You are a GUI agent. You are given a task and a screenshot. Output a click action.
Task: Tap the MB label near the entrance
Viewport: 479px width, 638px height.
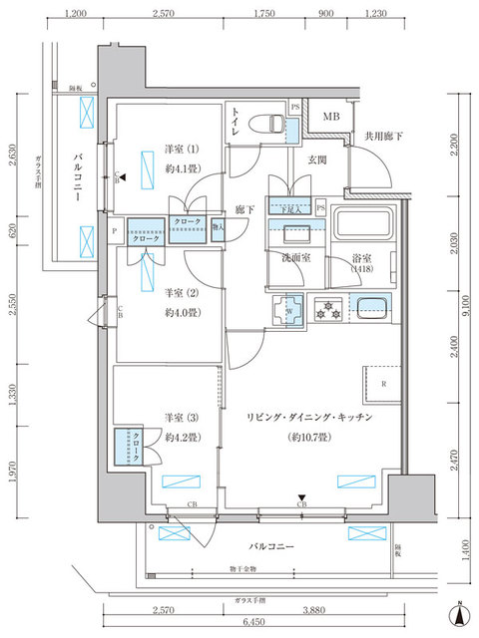(x=329, y=116)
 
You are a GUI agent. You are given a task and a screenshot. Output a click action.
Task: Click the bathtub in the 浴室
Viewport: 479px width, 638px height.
(x=363, y=230)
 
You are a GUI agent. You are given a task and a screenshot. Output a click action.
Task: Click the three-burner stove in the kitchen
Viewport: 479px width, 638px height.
(x=327, y=308)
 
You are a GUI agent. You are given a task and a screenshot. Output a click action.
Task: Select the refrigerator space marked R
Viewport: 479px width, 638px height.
(x=384, y=384)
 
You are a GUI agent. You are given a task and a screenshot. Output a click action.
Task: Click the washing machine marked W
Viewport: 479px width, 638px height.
(x=288, y=311)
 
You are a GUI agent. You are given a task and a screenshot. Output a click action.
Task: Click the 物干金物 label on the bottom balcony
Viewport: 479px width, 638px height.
(x=240, y=569)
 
